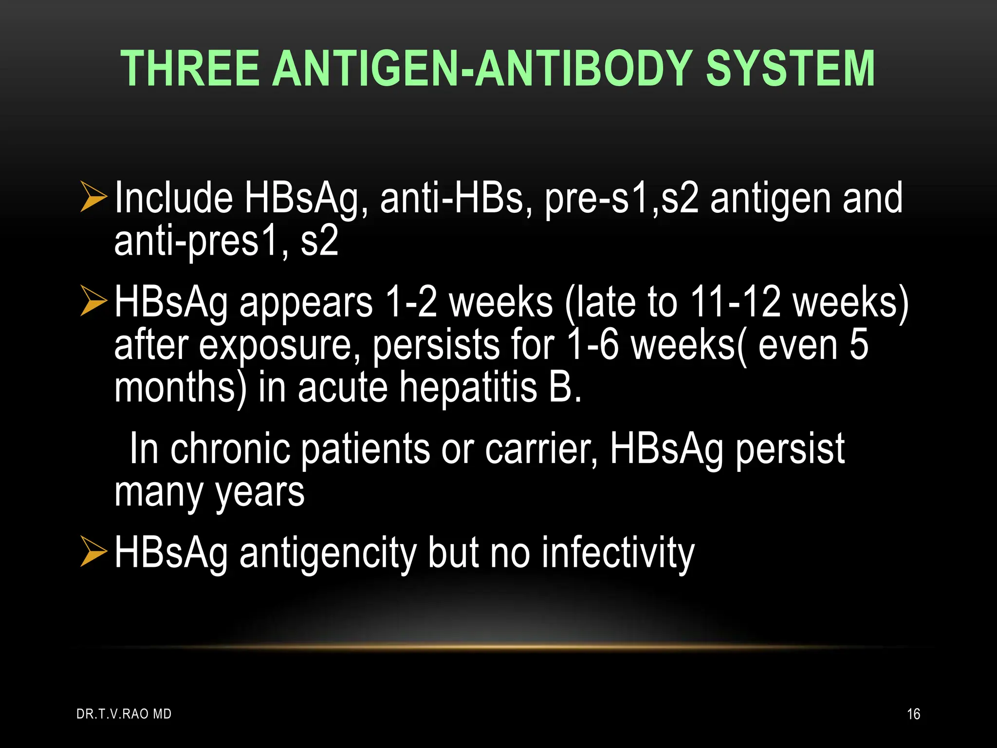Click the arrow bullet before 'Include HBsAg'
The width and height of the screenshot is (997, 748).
click(x=93, y=197)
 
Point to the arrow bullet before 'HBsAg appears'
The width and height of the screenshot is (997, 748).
click(x=93, y=301)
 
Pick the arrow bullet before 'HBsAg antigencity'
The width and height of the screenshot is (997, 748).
click(x=93, y=552)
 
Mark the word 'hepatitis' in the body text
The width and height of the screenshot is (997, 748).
click(x=468, y=387)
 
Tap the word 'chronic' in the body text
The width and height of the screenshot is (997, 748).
click(x=229, y=449)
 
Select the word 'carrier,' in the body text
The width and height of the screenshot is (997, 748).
click(x=541, y=449)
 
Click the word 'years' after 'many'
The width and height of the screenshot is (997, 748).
click(x=260, y=493)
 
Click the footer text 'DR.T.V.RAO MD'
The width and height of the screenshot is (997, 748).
click(x=124, y=714)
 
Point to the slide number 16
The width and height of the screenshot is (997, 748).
click(x=913, y=714)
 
